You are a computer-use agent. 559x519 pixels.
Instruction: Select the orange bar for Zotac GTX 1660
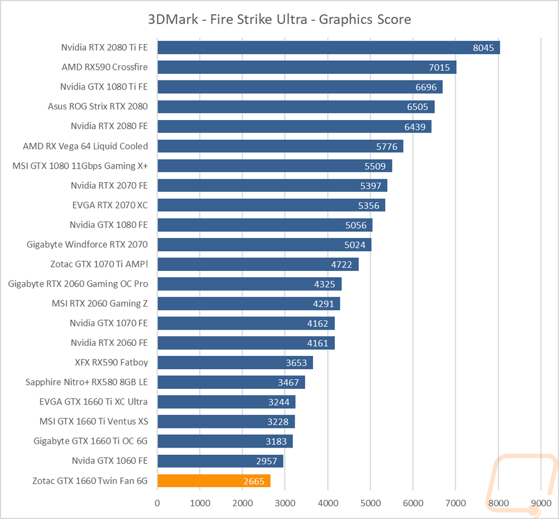coord(214,480)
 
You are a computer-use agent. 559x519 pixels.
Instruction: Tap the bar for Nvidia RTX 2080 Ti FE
coord(329,47)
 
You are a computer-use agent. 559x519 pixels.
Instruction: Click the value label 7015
coord(439,68)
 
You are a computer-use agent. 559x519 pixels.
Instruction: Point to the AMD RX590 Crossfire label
coord(105,67)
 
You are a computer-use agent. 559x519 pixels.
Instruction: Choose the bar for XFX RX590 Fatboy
coord(235,362)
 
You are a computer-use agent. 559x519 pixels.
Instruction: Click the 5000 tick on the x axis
coord(371,503)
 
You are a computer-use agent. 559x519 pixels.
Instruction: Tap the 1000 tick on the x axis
coord(200,503)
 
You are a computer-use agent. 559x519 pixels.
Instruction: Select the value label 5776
coord(387,146)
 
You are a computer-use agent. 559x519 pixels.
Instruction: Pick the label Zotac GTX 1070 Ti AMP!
coord(99,264)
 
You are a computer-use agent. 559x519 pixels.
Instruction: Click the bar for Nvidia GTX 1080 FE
coord(265,225)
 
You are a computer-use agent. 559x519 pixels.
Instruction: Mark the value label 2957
coord(267,461)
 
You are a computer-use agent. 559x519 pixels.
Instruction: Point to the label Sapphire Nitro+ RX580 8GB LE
coord(87,382)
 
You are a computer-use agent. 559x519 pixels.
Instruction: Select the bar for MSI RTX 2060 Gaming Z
coord(249,303)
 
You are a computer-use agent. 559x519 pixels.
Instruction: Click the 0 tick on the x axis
coord(157,503)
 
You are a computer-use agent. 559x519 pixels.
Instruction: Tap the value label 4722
coord(342,264)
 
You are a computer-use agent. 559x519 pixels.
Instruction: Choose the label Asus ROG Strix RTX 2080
coord(98,106)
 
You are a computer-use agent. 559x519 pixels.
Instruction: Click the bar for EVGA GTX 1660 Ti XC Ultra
coord(226,402)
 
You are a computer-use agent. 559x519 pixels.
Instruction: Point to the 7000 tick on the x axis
coord(456,503)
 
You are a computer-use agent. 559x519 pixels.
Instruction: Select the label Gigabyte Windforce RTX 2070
coord(87,244)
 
